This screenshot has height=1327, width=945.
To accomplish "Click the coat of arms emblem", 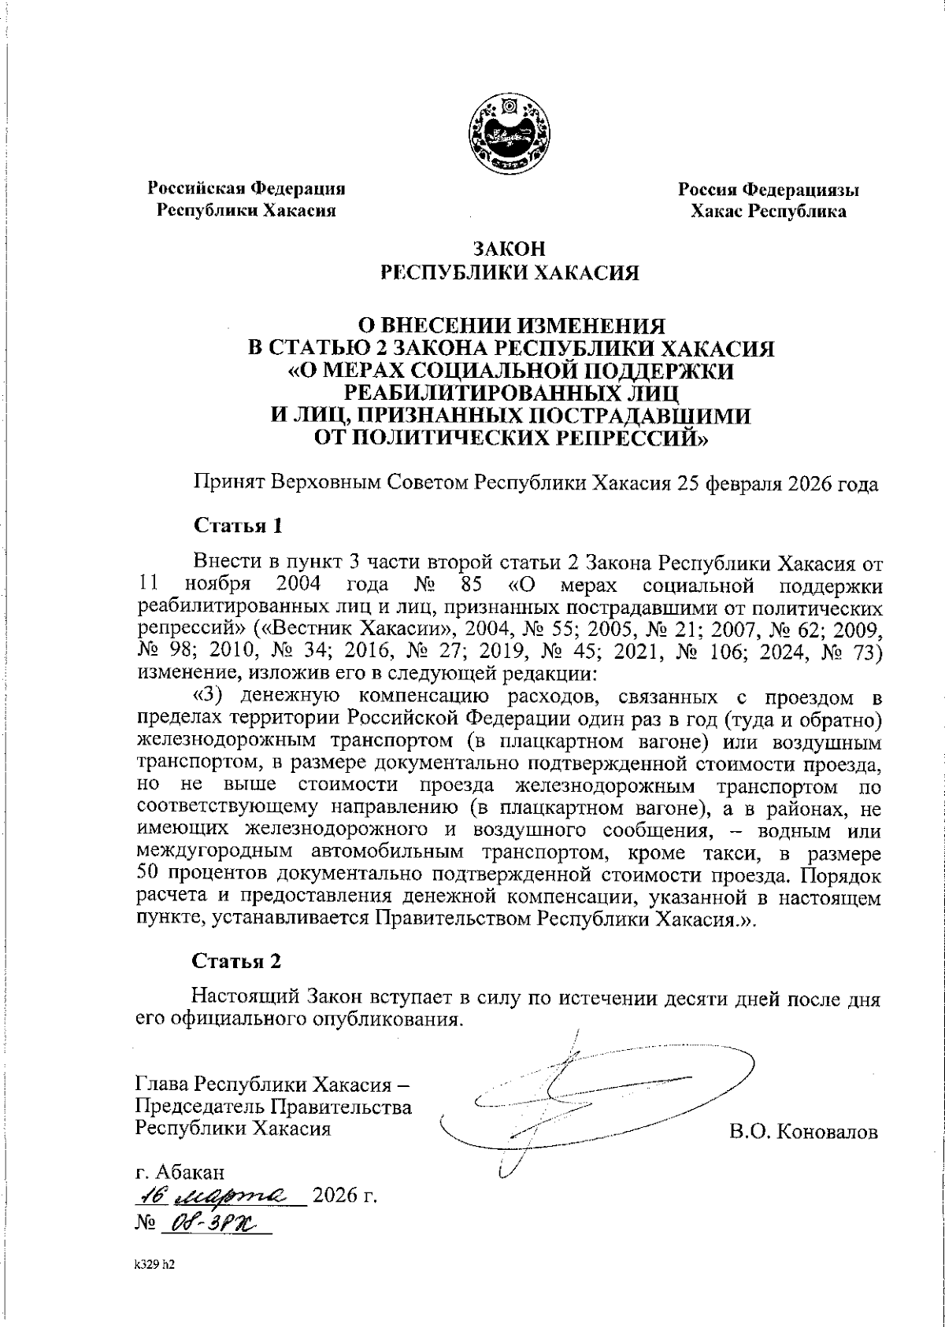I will pyautogui.click(x=509, y=135).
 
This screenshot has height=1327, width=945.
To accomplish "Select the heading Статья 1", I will pyautogui.click(x=237, y=525).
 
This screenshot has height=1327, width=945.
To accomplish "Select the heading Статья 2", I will pyautogui.click(x=237, y=961).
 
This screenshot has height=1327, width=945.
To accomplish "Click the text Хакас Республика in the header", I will pyautogui.click(x=769, y=211).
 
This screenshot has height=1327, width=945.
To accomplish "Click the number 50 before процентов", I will pyautogui.click(x=148, y=875).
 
